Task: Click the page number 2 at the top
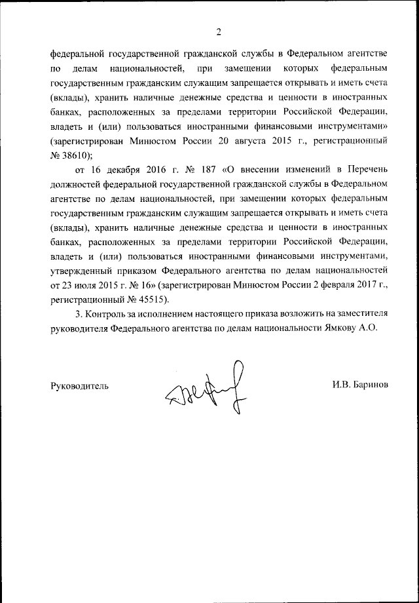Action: (x=219, y=31)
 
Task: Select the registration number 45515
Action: (x=151, y=300)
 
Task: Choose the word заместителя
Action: (x=361, y=314)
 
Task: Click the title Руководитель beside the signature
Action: (x=79, y=385)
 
